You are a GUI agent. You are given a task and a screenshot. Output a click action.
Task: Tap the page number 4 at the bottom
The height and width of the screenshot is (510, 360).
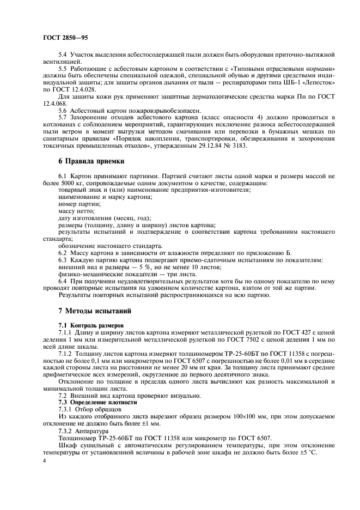click(44, 461)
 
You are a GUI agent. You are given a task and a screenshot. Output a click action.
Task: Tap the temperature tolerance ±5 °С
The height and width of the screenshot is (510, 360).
click(307, 454)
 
